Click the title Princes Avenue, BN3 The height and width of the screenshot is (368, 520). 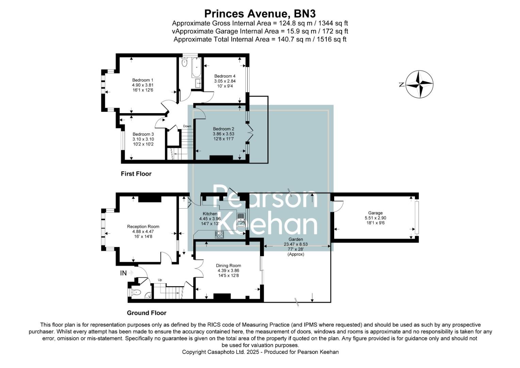coord(260,14)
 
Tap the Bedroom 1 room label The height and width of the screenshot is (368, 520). coord(143,80)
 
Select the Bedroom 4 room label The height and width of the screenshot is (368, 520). coord(225,76)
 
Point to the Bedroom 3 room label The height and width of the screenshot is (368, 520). coord(143,134)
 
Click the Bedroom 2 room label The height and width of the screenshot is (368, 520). coord(223,129)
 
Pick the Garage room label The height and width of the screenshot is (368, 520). coord(375,213)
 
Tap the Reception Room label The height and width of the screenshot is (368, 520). coord(143,227)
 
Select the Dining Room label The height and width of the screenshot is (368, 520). coord(228,266)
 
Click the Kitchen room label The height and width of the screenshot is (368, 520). coord(210,214)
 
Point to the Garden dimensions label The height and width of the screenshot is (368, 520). coord(295,244)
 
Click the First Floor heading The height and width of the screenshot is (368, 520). coord(136,174)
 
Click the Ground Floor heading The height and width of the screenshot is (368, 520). coord(146,313)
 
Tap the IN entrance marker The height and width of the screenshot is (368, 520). coord(123,273)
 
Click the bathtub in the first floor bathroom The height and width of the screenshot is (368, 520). coord(197,68)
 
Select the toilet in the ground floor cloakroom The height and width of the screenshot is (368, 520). coord(136,292)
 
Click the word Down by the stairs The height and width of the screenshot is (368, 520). coord(187,126)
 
